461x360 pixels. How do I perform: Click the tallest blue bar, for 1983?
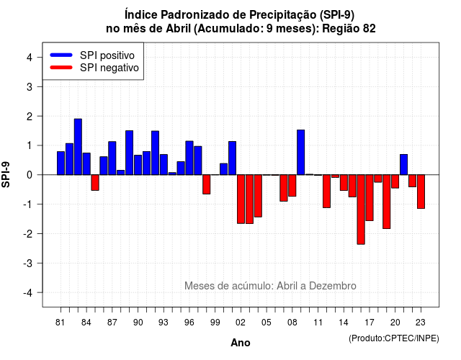point(78,147)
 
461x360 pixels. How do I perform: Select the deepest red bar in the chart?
point(361,210)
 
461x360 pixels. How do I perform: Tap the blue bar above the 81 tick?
point(61,163)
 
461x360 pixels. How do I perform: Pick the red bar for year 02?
point(241,199)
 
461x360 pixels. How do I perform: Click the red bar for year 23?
point(421,192)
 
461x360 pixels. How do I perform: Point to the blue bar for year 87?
point(112,158)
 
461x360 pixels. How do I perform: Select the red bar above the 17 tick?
point(370,197)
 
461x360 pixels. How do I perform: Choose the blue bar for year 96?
point(189,158)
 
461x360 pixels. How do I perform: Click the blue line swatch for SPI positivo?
point(61,55)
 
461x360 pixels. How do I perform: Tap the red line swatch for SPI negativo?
point(61,67)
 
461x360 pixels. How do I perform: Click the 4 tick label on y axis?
point(30,58)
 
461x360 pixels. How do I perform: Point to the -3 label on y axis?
point(28,263)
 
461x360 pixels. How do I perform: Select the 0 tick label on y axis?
point(30,175)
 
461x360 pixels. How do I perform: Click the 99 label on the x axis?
point(215,323)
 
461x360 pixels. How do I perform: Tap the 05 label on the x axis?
point(267,323)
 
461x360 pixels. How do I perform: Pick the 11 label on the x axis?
point(318,323)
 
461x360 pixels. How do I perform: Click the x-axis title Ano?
point(241,343)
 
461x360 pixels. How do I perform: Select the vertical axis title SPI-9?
point(6,174)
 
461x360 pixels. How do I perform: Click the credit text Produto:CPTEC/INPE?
point(394,338)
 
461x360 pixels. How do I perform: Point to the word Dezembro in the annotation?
point(333,286)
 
